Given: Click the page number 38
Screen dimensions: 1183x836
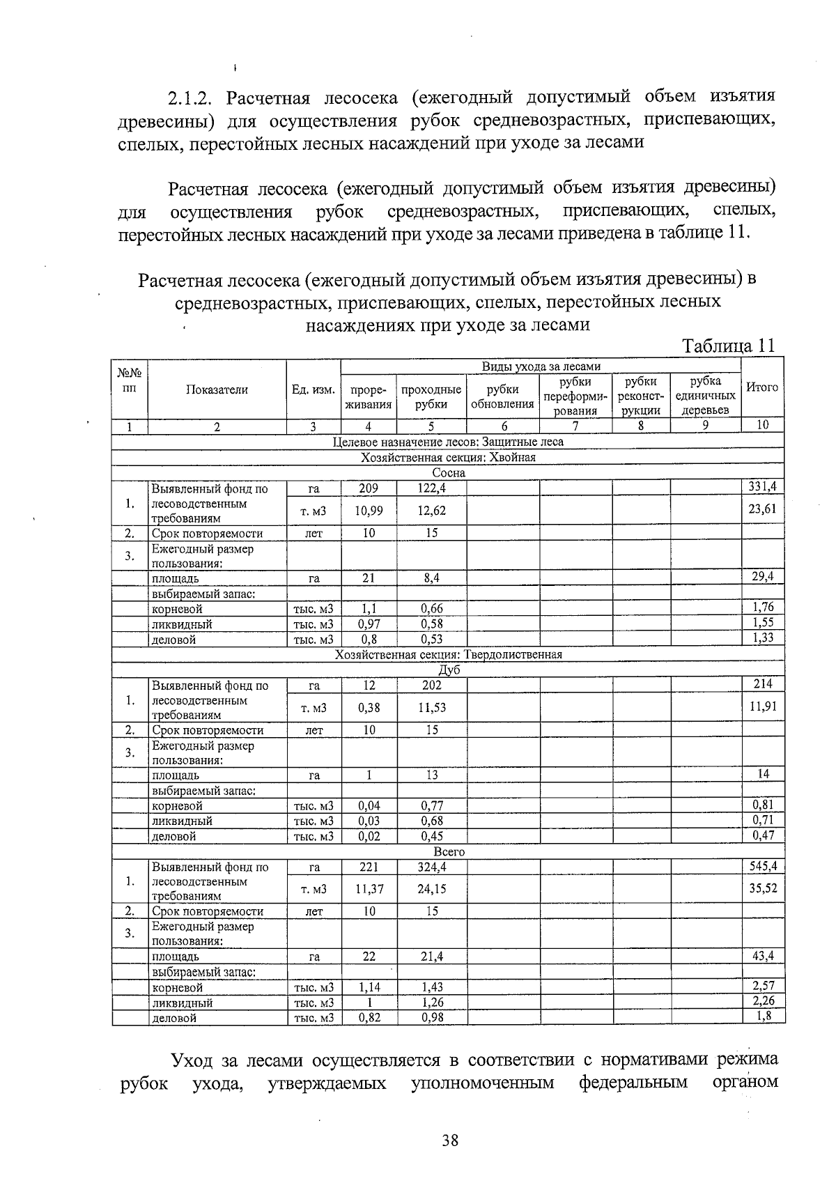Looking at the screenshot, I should pyautogui.click(x=449, y=1141).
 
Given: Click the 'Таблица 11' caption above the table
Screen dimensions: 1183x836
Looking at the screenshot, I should pyautogui.click(x=728, y=346).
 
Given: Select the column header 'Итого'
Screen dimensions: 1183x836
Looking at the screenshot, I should pyautogui.click(x=761, y=387).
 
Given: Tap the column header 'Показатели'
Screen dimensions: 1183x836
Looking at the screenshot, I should pyautogui.click(x=217, y=390).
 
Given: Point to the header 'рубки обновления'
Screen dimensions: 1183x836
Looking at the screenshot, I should pyautogui.click(x=502, y=397).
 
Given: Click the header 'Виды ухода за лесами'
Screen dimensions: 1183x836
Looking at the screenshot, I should pyautogui.click(x=541, y=366).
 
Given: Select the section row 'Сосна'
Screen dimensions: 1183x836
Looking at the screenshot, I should pyautogui.click(x=448, y=472).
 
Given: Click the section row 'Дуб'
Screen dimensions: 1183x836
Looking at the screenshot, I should pyautogui.click(x=448, y=670).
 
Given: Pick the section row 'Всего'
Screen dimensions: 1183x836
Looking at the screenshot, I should pyautogui.click(x=448, y=851).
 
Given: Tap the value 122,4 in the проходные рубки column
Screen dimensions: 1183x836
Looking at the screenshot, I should pyautogui.click(x=431, y=488).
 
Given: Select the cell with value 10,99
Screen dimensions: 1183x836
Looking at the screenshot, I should pyautogui.click(x=369, y=511).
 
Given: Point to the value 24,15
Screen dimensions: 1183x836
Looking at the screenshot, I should pyautogui.click(x=431, y=889).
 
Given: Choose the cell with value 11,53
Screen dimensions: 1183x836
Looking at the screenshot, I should pyautogui.click(x=431, y=708).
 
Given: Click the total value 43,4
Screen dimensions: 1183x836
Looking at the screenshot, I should pyautogui.click(x=763, y=956).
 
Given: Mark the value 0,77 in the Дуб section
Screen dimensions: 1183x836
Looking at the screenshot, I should pyautogui.click(x=431, y=805).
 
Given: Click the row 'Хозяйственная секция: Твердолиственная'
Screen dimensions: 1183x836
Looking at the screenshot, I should pyautogui.click(x=448, y=655).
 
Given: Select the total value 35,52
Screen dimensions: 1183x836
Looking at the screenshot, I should pyautogui.click(x=763, y=888).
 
